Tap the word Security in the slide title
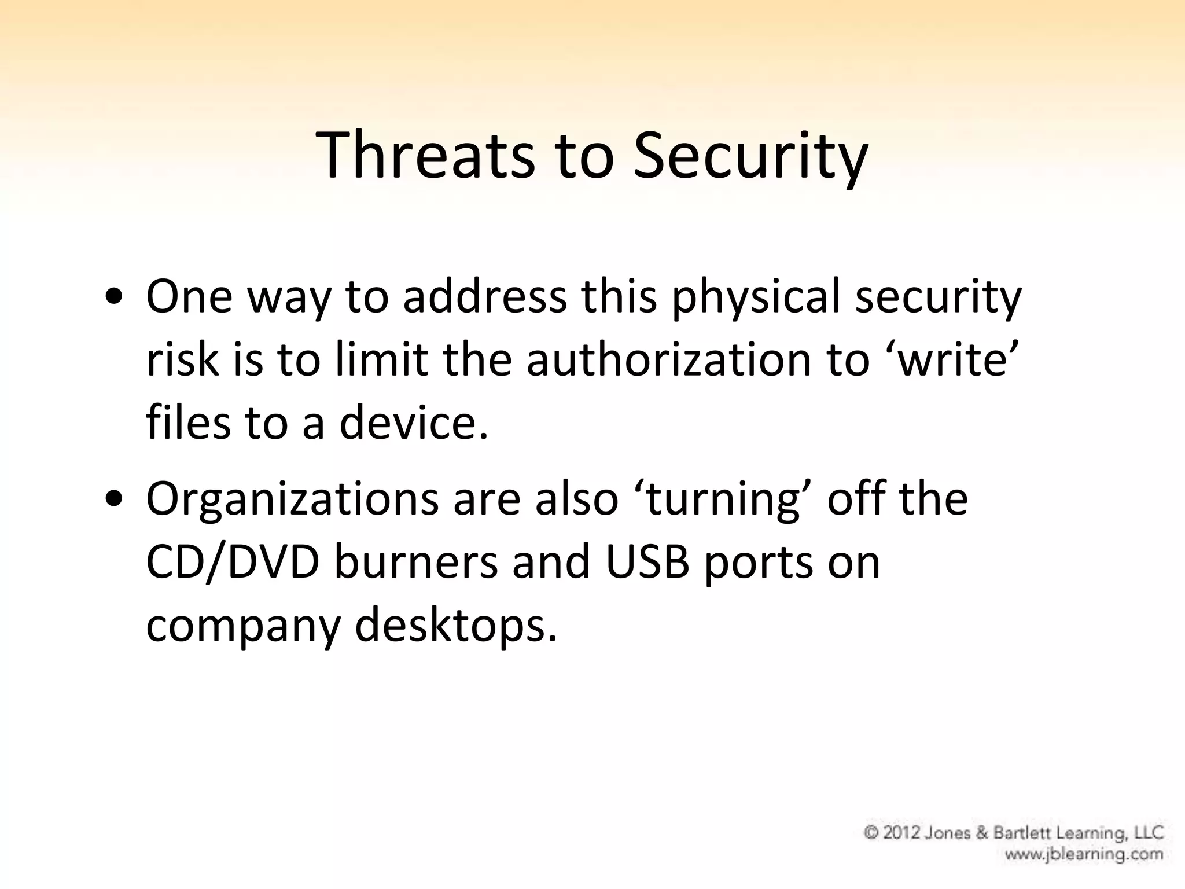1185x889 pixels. pyautogui.click(x=750, y=155)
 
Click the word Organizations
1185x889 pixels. pyautogui.click(x=292, y=499)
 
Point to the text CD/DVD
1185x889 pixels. pyautogui.click(x=233, y=562)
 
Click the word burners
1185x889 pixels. pyautogui.click(x=415, y=562)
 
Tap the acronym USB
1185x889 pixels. pyautogui.click(x=647, y=562)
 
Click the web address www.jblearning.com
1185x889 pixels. pyautogui.click(x=1084, y=854)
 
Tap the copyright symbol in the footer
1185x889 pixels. pyautogui.click(x=871, y=832)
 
